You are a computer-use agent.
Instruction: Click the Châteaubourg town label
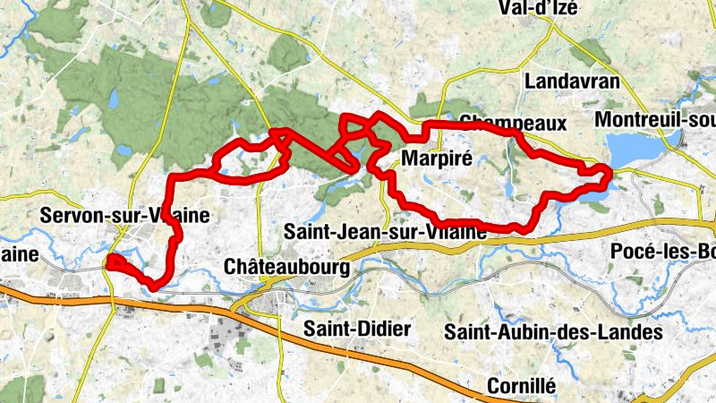point(282,266)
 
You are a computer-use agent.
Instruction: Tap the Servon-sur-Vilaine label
point(125,216)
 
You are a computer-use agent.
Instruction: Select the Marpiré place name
point(432,159)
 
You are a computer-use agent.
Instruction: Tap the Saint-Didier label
point(357,329)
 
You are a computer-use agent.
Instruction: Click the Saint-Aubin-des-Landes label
point(553,332)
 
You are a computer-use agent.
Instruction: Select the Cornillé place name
point(522,386)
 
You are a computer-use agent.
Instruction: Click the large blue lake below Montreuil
point(632,149)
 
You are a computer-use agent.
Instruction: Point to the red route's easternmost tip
point(610,173)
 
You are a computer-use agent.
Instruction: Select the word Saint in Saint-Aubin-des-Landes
point(468,332)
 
